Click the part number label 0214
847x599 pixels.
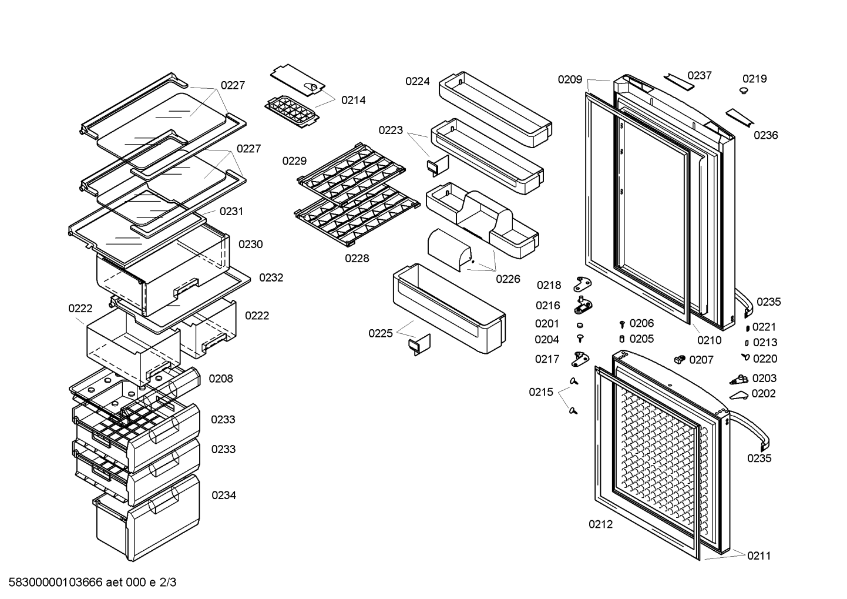[x=353, y=101]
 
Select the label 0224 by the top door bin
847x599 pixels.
[x=418, y=81]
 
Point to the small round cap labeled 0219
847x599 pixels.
[x=744, y=91]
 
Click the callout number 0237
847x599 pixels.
[x=700, y=76]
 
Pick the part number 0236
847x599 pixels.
[x=766, y=135]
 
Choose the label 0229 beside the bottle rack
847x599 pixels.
[x=294, y=161]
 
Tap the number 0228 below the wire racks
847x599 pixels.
[x=357, y=259]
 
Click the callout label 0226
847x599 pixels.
[x=508, y=279]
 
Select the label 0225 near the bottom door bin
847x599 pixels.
[x=381, y=333]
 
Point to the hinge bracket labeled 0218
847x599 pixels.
[x=582, y=284]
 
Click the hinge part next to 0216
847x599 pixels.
[x=583, y=305]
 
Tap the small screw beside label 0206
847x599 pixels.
[x=622, y=324]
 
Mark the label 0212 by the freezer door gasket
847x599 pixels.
[x=600, y=524]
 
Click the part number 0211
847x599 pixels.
[x=759, y=556]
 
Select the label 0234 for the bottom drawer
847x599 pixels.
[x=223, y=496]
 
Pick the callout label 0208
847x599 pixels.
[x=221, y=379]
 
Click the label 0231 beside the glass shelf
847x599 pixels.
[x=231, y=212]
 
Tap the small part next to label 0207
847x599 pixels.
[x=680, y=359]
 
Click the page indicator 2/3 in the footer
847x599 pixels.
[x=167, y=583]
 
